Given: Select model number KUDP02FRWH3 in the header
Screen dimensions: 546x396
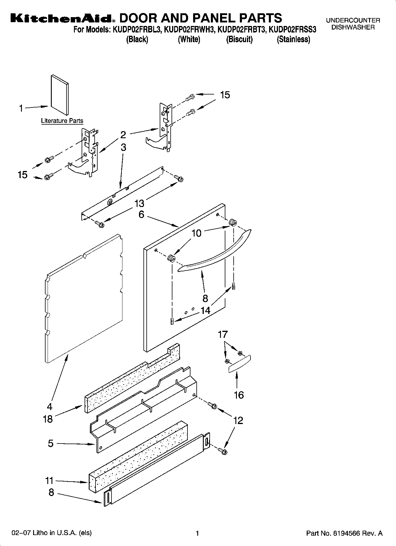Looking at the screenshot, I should click(x=189, y=30).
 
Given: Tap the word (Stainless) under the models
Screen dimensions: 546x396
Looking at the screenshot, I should click(x=293, y=39).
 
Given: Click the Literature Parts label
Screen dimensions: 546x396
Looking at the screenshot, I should click(x=62, y=121).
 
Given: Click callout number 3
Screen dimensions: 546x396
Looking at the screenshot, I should click(x=123, y=147).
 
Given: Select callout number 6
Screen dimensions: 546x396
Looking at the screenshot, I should click(x=141, y=214).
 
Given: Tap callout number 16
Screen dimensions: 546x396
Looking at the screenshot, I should click(x=239, y=395).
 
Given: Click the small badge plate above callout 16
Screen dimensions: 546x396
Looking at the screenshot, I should click(x=239, y=364).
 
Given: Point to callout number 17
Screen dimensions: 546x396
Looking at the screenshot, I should click(x=223, y=335).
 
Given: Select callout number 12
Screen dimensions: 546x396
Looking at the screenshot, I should click(x=238, y=420).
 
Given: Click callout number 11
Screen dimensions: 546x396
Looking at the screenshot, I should click(x=49, y=481).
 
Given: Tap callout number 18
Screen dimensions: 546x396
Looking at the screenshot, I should click(x=48, y=419).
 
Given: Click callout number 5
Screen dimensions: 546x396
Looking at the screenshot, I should click(x=51, y=443).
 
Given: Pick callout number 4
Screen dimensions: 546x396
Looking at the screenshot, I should click(x=50, y=406).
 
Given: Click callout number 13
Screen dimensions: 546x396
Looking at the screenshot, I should click(x=139, y=203).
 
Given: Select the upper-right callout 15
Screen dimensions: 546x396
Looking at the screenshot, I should click(x=225, y=95).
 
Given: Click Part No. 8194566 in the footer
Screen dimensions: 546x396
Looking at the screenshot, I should click(x=344, y=533).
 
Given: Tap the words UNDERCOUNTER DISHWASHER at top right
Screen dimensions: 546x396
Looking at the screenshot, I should click(x=353, y=24).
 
